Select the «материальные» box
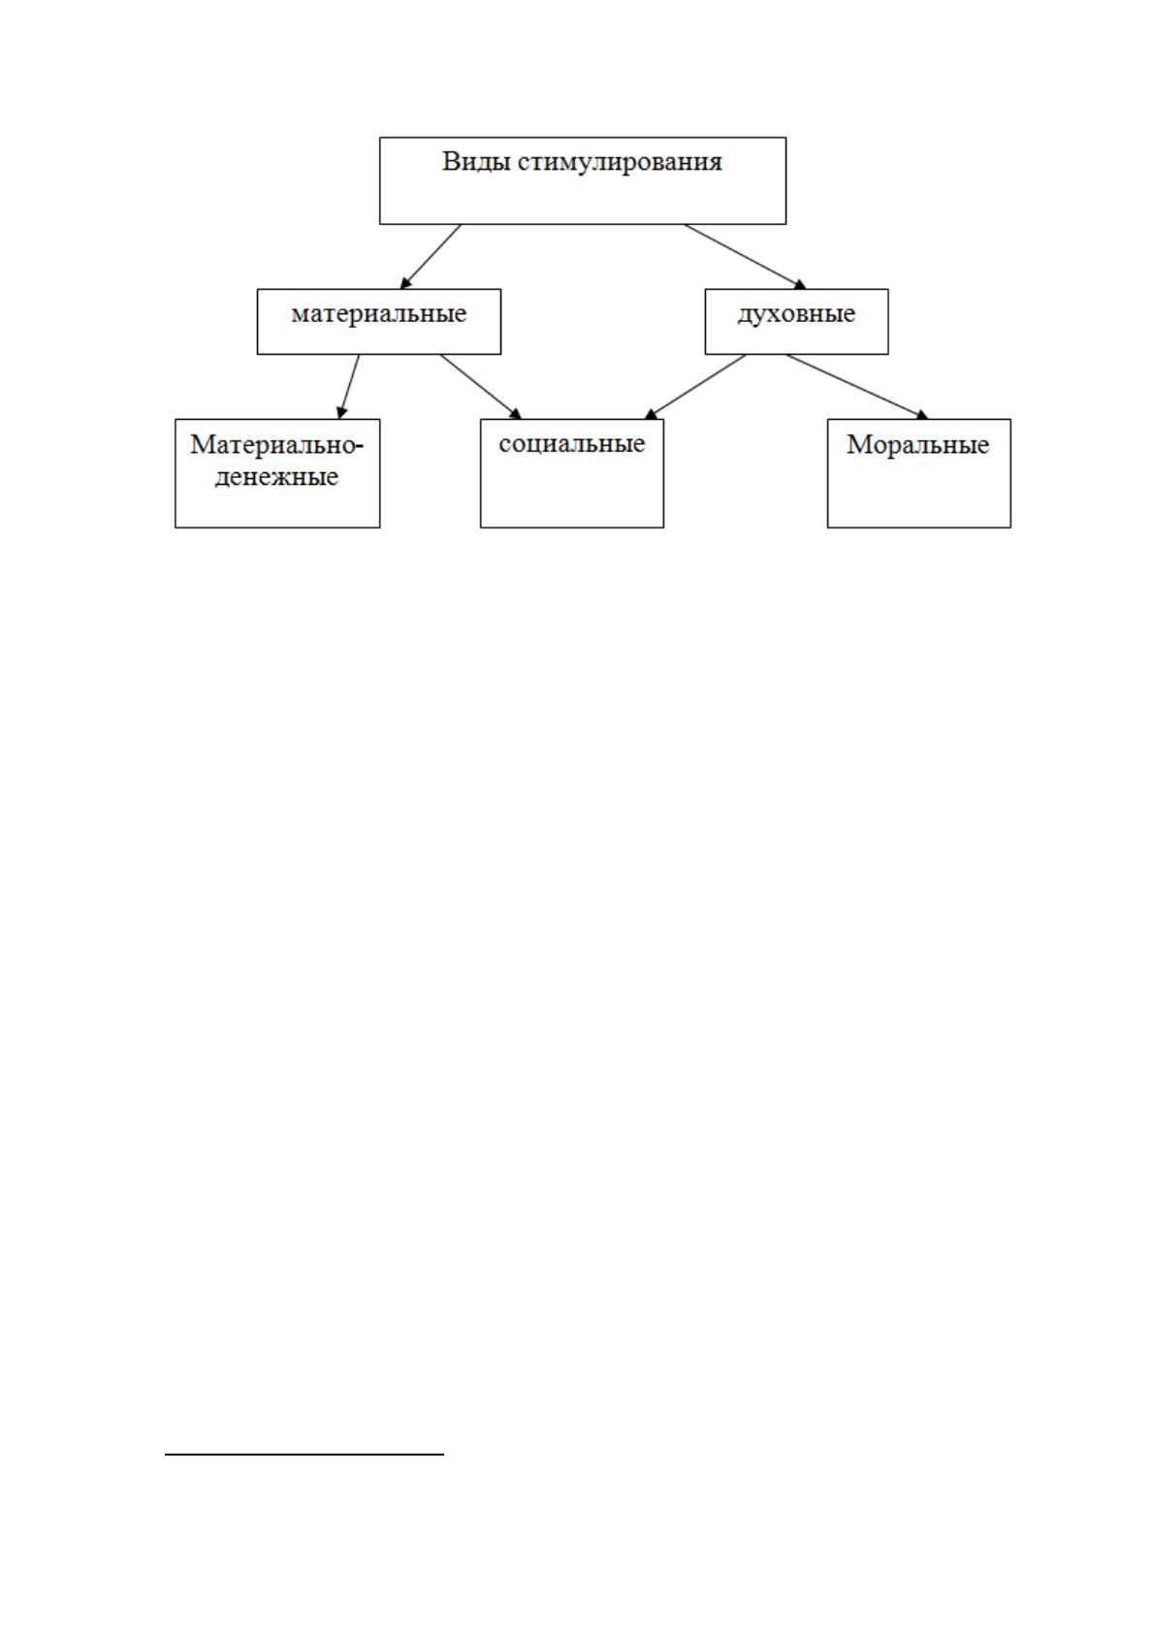click(379, 322)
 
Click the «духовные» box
click(796, 322)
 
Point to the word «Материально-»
click(276, 445)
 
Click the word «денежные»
click(276, 477)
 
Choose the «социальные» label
click(571, 444)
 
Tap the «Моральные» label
click(918, 445)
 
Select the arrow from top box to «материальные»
click(431, 257)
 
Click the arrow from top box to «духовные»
click(745, 257)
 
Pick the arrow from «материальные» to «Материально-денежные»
click(348, 387)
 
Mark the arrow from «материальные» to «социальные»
click(481, 387)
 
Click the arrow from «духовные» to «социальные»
click(695, 387)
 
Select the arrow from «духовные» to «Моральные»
click(857, 387)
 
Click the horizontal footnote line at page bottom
click(305, 1453)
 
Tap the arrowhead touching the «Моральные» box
click(922, 415)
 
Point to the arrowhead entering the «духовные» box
click(801, 284)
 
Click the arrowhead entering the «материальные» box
click(406, 283)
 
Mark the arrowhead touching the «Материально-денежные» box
click(341, 413)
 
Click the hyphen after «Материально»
click(359, 446)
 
